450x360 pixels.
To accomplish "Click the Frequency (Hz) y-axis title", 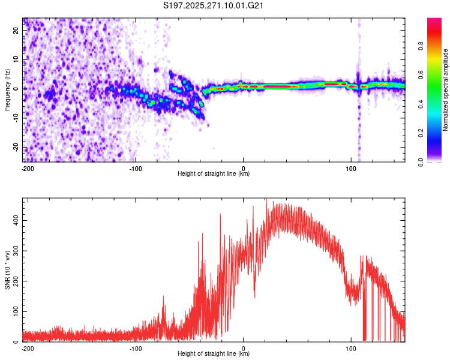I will (7, 90).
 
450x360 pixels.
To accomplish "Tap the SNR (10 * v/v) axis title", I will (7, 270).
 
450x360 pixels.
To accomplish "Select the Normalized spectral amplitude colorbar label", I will (445, 90).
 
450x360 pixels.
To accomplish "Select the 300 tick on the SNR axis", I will (15, 251).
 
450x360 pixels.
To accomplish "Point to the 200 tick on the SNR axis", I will (15, 281).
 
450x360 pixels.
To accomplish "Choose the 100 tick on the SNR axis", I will (15, 312).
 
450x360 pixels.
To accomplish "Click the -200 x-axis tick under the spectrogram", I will (27, 168).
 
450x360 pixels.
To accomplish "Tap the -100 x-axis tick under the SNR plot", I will (136, 348).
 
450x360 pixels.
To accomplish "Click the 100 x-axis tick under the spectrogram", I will (352, 168).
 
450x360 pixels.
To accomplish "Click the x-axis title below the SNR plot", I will (214, 354).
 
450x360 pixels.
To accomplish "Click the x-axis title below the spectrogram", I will (214, 174).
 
